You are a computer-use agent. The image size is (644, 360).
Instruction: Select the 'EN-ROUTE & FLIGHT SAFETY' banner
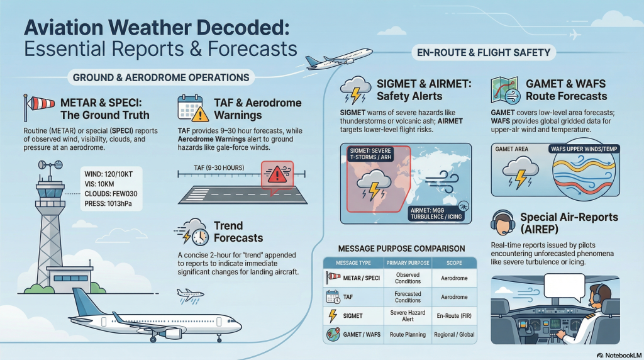(484, 53)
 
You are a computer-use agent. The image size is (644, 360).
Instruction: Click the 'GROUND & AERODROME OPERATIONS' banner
(161, 77)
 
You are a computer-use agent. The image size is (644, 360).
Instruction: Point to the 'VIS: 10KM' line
(99, 184)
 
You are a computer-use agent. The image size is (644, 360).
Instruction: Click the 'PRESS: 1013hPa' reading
(108, 203)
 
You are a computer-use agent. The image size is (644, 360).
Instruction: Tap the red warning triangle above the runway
(277, 174)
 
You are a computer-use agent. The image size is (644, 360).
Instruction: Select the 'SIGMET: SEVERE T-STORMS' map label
(370, 154)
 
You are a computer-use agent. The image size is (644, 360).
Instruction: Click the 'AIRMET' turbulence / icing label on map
(436, 213)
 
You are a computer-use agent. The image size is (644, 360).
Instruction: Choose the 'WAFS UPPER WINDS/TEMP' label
(584, 149)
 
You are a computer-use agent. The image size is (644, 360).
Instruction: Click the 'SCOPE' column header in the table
(454, 263)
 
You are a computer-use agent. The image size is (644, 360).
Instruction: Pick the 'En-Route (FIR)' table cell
(454, 316)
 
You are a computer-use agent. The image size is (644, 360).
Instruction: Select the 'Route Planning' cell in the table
(408, 335)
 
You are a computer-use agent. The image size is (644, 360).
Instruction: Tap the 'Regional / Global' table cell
(454, 335)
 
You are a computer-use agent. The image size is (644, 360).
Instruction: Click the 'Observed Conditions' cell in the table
(408, 278)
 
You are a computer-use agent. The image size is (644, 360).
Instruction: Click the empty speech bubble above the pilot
(564, 288)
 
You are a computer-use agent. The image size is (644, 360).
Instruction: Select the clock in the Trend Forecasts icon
(200, 237)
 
